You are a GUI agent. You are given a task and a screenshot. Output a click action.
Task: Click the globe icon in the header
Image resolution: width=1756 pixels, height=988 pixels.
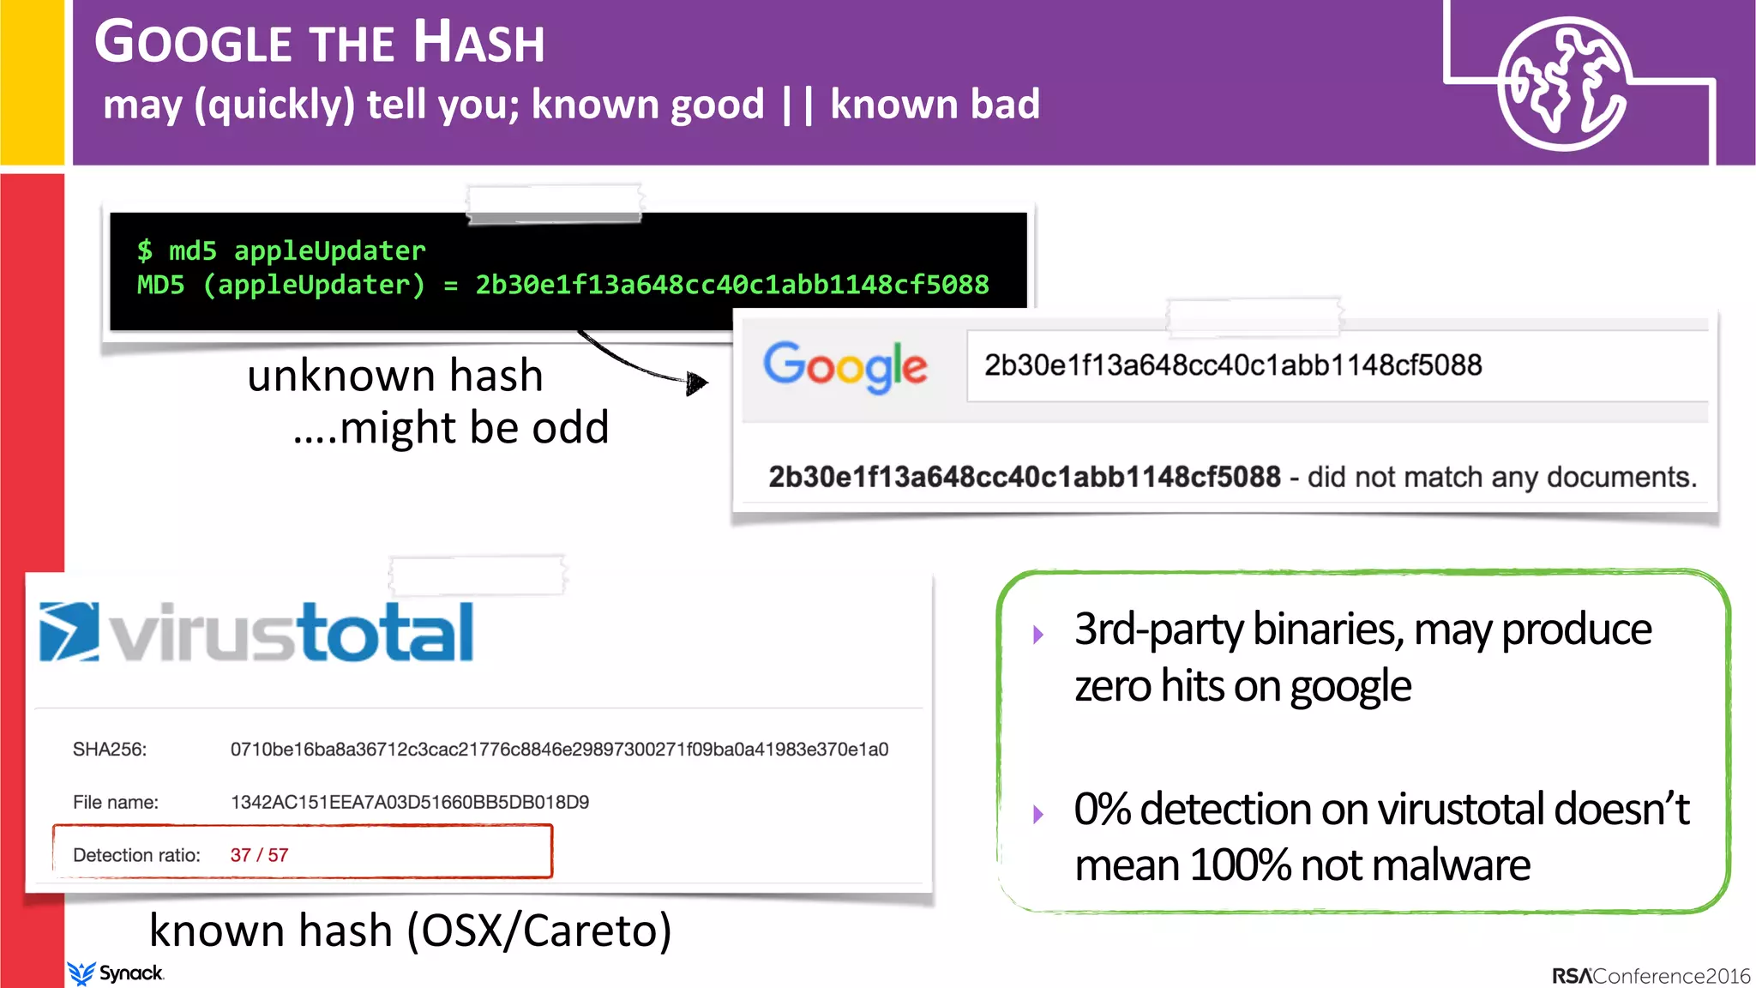1563,84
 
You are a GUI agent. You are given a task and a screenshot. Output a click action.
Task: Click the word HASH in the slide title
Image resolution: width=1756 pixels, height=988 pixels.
478,42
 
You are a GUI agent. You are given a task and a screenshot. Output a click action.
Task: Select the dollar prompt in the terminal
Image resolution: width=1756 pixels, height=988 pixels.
144,250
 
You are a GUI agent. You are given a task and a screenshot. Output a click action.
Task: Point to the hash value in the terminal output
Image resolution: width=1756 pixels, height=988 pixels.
732,285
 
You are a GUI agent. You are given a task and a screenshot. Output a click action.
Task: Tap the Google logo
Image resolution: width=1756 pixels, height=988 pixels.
845,366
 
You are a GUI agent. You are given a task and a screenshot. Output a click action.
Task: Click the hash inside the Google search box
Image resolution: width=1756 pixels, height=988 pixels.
1232,365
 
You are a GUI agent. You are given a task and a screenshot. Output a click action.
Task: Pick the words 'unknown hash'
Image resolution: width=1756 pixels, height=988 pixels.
395,376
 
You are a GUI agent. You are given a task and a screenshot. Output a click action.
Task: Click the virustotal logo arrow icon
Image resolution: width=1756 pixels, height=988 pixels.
69,632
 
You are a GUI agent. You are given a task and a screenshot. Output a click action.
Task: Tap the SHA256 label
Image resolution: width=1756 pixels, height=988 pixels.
110,750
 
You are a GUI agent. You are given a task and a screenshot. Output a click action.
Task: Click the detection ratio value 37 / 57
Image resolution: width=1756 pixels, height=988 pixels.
259,855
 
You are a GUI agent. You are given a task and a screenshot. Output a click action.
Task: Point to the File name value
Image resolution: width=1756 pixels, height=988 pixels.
410,803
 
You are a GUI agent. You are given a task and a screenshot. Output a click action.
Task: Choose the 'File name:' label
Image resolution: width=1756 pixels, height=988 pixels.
116,803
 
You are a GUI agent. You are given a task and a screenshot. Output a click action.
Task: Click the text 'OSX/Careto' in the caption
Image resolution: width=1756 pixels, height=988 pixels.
538,931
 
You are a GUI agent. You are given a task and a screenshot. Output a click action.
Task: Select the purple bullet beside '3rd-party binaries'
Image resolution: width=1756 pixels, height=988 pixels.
1038,635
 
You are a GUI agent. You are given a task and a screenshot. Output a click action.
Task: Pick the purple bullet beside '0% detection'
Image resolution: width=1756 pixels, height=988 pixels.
1038,814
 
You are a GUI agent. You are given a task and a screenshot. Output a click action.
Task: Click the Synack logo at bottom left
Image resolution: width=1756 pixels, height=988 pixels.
116,973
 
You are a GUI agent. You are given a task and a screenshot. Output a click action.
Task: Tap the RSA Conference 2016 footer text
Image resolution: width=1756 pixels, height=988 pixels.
1651,976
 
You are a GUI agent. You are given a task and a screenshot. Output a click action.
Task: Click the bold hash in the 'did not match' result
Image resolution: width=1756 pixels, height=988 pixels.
1024,477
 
